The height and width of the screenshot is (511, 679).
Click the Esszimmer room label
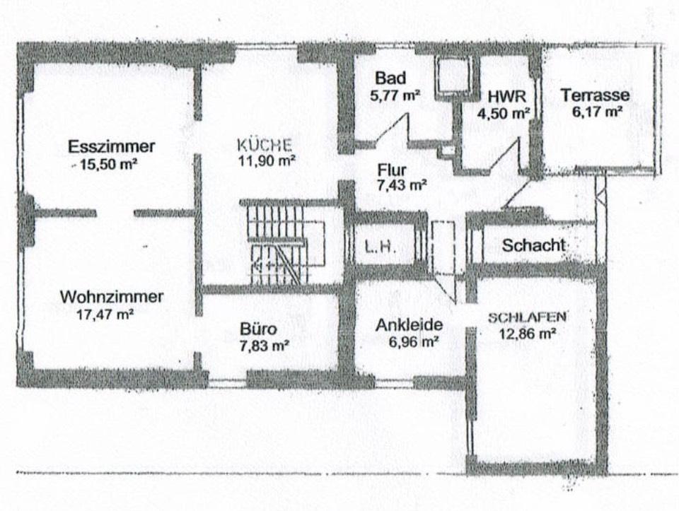pos(111,147)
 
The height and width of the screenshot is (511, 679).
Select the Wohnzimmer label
pos(111,297)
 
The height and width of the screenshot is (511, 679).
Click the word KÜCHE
pos(265,145)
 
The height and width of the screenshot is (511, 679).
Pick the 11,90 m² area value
pos(267,161)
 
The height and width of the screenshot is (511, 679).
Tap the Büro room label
pos(258,329)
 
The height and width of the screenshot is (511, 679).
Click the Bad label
pos(390,78)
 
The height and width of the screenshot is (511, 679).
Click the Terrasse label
pos(594,95)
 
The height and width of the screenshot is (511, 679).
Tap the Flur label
pos(391,170)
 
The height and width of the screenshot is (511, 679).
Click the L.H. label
pos(379,247)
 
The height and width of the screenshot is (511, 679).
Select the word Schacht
pos(533,245)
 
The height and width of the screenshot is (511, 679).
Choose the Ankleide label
pos(410,325)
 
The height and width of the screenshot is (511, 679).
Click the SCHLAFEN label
pos(528,317)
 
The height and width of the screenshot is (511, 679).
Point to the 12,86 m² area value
pos(528,334)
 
